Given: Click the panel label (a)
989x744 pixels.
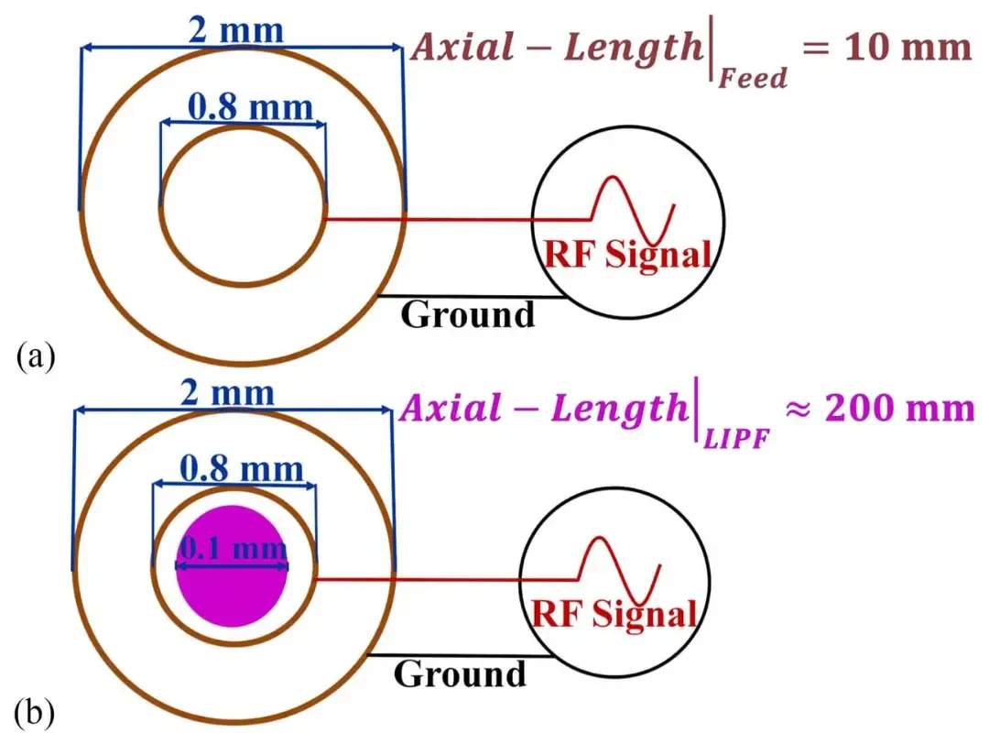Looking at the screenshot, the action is (x=36, y=356).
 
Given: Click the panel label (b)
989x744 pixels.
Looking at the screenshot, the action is (x=35, y=713).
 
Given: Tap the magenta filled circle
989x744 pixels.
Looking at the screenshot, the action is (x=232, y=566).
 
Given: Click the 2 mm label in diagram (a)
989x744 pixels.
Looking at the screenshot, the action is (x=236, y=30).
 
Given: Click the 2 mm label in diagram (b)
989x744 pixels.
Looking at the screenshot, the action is (x=227, y=392).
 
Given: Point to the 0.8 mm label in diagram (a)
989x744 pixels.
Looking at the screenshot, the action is (x=250, y=106).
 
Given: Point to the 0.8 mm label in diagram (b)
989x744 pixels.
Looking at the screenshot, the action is (x=242, y=469).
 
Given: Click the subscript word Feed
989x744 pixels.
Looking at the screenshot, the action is (x=753, y=78).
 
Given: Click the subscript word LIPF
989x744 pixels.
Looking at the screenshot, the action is (x=736, y=438).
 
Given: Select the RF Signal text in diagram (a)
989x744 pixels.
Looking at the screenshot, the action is (x=627, y=255).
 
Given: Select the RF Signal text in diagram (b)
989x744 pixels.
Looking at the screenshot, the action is (x=614, y=613).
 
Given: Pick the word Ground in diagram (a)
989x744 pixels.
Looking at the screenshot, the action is (x=467, y=314).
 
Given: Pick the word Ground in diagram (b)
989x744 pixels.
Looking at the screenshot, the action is (x=460, y=673).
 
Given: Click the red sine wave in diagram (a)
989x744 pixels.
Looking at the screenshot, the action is (x=633, y=210).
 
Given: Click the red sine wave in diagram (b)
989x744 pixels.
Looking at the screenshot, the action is (x=619, y=570).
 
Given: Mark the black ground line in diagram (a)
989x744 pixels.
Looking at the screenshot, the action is (x=472, y=296).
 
